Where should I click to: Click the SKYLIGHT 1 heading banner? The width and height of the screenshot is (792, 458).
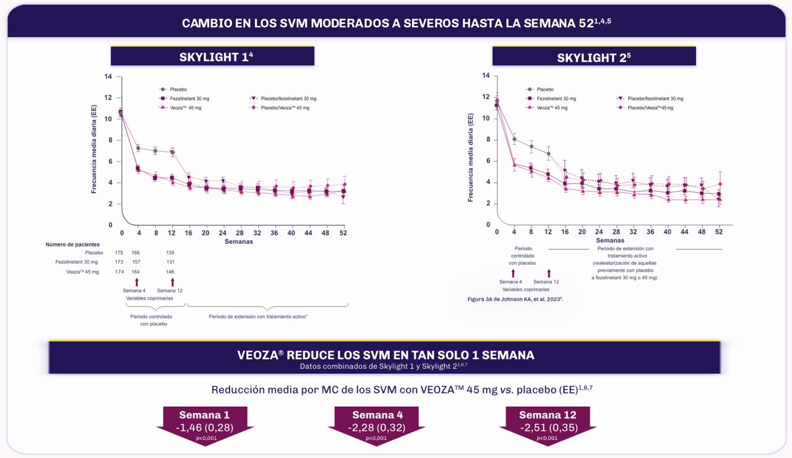(212, 56)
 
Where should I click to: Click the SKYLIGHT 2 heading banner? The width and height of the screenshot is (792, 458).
(593, 56)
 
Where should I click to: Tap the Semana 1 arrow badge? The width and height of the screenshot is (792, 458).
(205, 421)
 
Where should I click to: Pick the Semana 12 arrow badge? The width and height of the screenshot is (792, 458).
(548, 421)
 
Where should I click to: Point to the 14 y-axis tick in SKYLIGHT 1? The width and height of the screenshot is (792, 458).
(109, 77)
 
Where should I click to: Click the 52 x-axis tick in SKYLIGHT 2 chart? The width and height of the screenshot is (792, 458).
(718, 232)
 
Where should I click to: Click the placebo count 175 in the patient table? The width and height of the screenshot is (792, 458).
(119, 253)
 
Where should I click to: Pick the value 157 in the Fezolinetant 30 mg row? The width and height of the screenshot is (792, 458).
(136, 262)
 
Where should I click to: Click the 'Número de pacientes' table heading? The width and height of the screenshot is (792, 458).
(72, 244)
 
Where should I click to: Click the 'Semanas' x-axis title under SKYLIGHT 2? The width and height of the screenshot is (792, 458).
(609, 240)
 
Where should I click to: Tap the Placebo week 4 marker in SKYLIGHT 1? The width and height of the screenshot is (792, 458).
(138, 148)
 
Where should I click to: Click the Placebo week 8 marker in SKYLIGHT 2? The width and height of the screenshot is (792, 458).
(531, 147)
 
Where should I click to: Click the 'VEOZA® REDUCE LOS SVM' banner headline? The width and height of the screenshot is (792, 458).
(385, 355)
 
